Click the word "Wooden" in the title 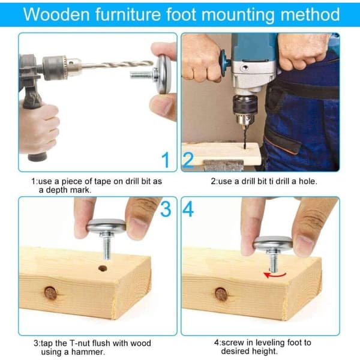click(56, 14)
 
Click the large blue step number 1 click(166, 160)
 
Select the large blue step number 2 click(188, 160)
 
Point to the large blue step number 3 click(166, 209)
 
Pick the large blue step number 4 click(188, 209)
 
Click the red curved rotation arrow click(275, 275)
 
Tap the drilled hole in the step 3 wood click(103, 268)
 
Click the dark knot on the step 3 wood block click(51, 293)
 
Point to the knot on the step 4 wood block click(221, 295)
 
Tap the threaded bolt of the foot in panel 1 click(142, 74)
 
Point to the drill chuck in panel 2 click(245, 110)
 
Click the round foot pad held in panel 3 click(106, 225)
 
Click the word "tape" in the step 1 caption click(103, 181)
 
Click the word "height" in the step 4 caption click(265, 351)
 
